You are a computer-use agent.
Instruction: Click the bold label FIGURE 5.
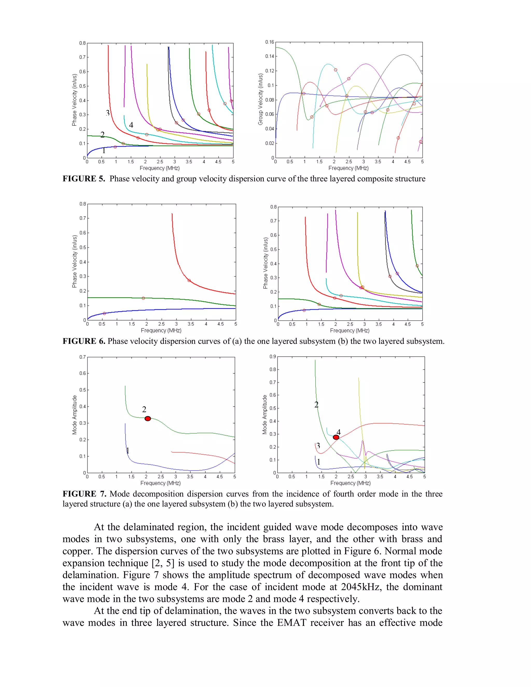pyautogui.click(x=83, y=179)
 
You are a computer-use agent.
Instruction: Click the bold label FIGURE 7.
pyautogui.click(x=84, y=494)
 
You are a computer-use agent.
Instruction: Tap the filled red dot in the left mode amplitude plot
pyautogui.click(x=148, y=418)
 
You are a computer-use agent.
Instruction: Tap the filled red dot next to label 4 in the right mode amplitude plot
pyautogui.click(x=336, y=437)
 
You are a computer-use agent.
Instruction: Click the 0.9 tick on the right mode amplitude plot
pyautogui.click(x=273, y=356)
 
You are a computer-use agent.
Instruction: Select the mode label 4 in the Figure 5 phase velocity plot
pyautogui.click(x=131, y=125)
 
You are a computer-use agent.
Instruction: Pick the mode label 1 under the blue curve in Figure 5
pyautogui.click(x=104, y=151)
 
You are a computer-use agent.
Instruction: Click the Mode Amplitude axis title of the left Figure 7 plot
pyautogui.click(x=75, y=415)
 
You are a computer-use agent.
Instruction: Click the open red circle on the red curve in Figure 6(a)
pyautogui.click(x=189, y=280)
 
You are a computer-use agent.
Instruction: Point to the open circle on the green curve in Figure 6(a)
pyautogui.click(x=143, y=298)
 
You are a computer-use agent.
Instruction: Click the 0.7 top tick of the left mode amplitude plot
pyautogui.click(x=82, y=357)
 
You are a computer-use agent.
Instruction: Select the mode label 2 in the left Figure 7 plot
pyautogui.click(x=144, y=409)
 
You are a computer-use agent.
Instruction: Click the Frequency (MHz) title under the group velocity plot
pyautogui.click(x=348, y=168)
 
